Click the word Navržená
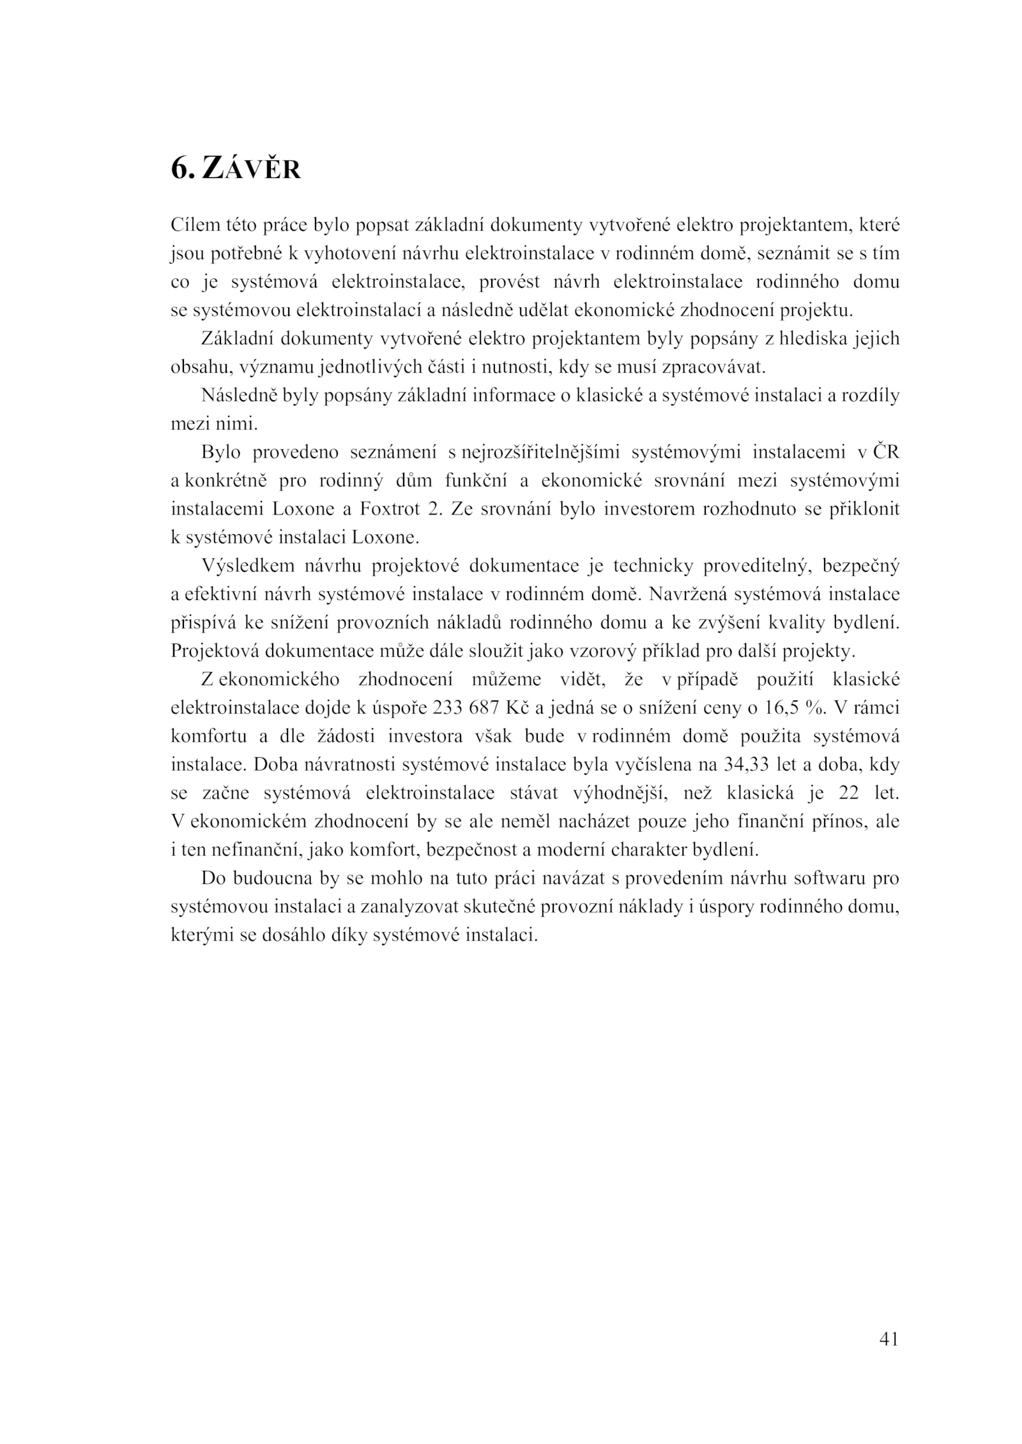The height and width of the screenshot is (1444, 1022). (689, 594)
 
